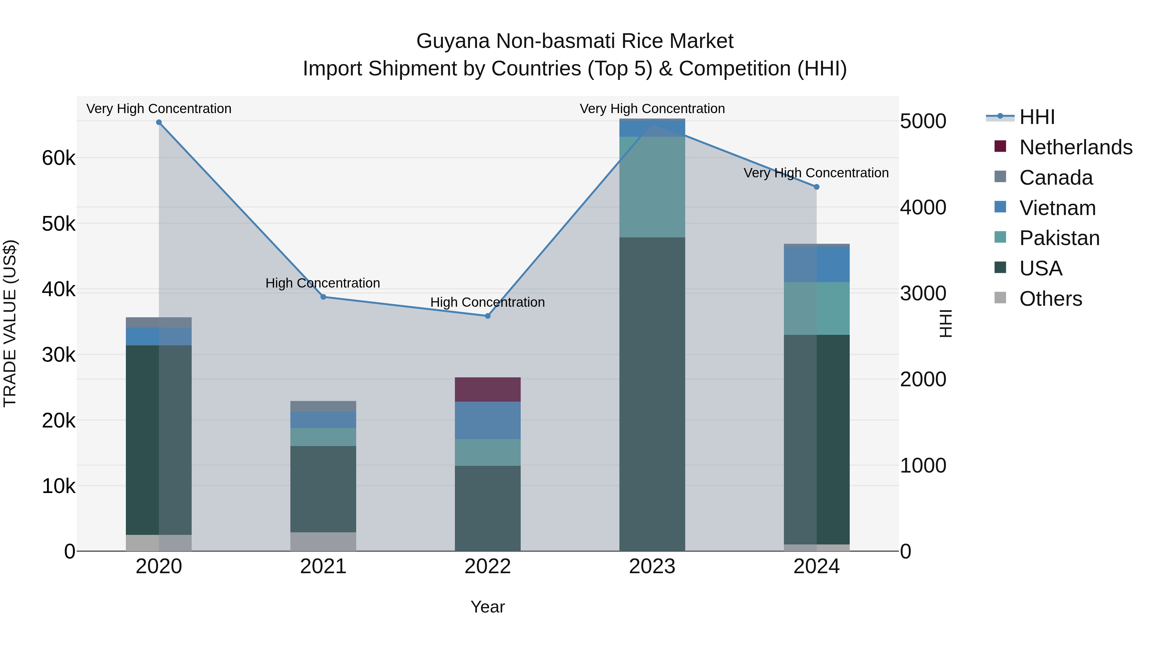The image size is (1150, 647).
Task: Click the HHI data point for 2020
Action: (x=159, y=122)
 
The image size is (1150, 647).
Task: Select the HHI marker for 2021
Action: (x=323, y=297)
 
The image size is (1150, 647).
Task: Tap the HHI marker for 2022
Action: (x=487, y=316)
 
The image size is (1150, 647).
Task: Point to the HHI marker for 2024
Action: (x=816, y=187)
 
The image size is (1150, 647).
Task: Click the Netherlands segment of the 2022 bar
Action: (x=487, y=389)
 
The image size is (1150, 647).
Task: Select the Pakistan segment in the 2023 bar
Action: (x=652, y=187)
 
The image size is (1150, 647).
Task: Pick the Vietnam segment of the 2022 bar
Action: (x=487, y=420)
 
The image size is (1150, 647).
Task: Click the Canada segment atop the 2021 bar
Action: (x=323, y=406)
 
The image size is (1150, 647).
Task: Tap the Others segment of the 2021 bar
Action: (x=323, y=541)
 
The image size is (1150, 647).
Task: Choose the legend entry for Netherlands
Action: (x=1076, y=147)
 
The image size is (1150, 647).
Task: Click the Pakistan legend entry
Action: (x=1059, y=238)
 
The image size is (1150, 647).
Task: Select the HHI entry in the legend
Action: (x=1037, y=117)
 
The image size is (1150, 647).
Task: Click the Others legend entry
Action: (x=1050, y=299)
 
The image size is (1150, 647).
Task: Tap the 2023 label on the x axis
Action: (x=652, y=566)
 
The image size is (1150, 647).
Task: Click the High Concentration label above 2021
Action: (x=322, y=283)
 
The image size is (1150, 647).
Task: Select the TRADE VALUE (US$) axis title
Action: (x=10, y=323)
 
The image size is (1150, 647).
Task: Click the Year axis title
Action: (x=487, y=607)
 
